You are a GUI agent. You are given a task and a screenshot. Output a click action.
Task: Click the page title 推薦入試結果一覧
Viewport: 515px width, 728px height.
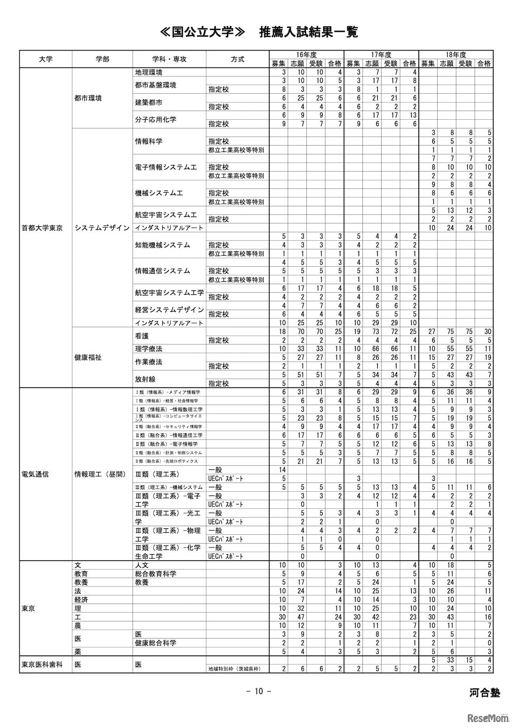[x=308, y=32]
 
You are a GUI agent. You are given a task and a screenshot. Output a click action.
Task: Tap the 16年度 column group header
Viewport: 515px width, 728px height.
[x=306, y=55]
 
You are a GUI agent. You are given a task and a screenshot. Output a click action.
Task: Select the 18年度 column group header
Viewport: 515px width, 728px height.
[x=456, y=55]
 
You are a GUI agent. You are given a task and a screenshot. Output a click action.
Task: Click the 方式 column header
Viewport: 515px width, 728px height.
[x=237, y=59]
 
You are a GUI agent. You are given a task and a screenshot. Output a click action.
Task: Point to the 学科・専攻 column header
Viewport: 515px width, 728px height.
[x=169, y=59]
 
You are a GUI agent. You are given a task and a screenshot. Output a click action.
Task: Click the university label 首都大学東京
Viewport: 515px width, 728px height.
[x=42, y=228]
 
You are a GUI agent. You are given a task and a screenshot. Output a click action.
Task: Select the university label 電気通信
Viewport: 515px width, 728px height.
[x=35, y=474]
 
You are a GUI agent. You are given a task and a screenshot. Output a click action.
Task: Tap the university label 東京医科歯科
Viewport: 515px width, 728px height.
[x=42, y=665]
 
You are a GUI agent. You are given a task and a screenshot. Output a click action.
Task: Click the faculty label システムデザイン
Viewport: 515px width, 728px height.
[x=102, y=228]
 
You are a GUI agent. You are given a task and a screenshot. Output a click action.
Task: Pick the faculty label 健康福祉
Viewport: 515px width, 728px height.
[x=88, y=357]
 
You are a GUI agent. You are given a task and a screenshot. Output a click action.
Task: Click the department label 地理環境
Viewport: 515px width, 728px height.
[x=148, y=72]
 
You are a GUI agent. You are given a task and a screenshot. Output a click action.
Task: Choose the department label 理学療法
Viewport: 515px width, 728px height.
[x=148, y=349]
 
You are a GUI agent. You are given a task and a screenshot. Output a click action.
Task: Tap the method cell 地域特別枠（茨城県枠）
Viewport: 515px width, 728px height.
[x=234, y=669]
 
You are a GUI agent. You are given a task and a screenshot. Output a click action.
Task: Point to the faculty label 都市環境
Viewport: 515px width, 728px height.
[x=88, y=98]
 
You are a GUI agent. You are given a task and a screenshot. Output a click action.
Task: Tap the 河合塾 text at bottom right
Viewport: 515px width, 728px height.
[x=485, y=693]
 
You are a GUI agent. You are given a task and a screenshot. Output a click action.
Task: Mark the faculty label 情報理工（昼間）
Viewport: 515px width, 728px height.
[x=100, y=474]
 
